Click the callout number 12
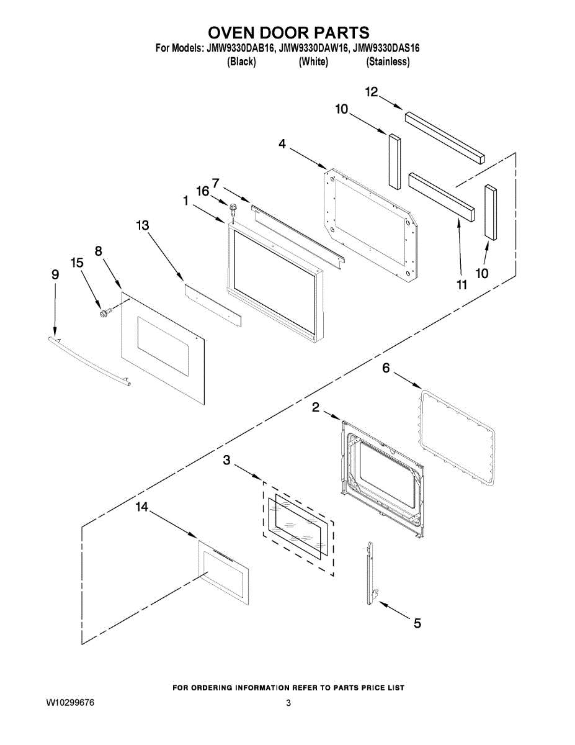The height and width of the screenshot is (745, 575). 371,92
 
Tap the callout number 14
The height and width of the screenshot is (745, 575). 142,507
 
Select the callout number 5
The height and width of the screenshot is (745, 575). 417,623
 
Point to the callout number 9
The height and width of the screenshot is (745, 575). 55,274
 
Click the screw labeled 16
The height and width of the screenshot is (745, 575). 233,209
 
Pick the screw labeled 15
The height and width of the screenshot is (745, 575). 104,312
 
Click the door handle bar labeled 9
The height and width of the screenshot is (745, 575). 89,361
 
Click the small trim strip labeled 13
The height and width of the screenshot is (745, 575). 212,302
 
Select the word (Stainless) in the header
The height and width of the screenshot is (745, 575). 388,61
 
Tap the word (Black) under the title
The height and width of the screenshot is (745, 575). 242,61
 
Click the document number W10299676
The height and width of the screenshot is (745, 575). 70,703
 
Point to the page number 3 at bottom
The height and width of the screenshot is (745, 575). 288,703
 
